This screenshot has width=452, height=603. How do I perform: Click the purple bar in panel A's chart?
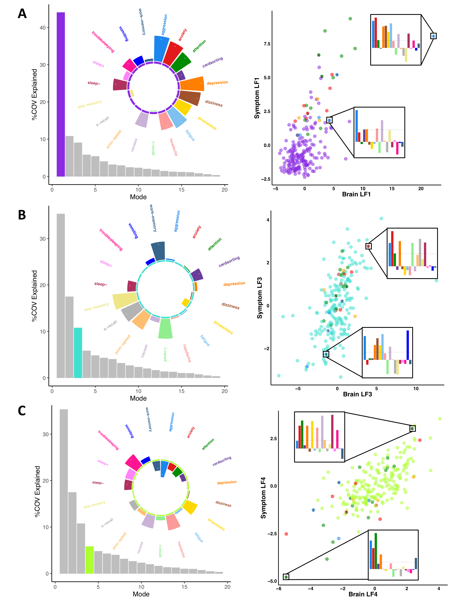coord(60,94)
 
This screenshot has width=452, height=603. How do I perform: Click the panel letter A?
coord(22,14)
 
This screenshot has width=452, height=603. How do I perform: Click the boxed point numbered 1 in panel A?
coord(433,36)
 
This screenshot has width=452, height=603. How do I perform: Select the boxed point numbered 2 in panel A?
coord(329,120)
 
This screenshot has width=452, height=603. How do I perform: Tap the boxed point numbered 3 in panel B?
coord(368,246)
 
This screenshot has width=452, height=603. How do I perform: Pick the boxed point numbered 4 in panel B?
coord(326,354)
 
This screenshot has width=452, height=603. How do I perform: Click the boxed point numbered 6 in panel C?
coord(412,429)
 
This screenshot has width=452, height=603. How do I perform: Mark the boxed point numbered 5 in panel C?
coord(286,577)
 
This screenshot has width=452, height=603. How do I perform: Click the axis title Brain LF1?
coord(356,194)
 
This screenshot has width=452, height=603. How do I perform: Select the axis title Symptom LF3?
coord(259,298)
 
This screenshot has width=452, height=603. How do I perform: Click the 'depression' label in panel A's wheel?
coord(217,83)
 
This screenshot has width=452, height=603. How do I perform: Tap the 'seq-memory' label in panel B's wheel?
coord(96,307)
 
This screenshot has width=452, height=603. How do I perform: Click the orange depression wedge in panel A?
coord(192,84)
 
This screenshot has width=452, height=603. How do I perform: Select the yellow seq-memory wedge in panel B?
coord(125,300)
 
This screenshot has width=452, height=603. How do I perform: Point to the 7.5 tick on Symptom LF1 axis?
coord(267,44)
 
